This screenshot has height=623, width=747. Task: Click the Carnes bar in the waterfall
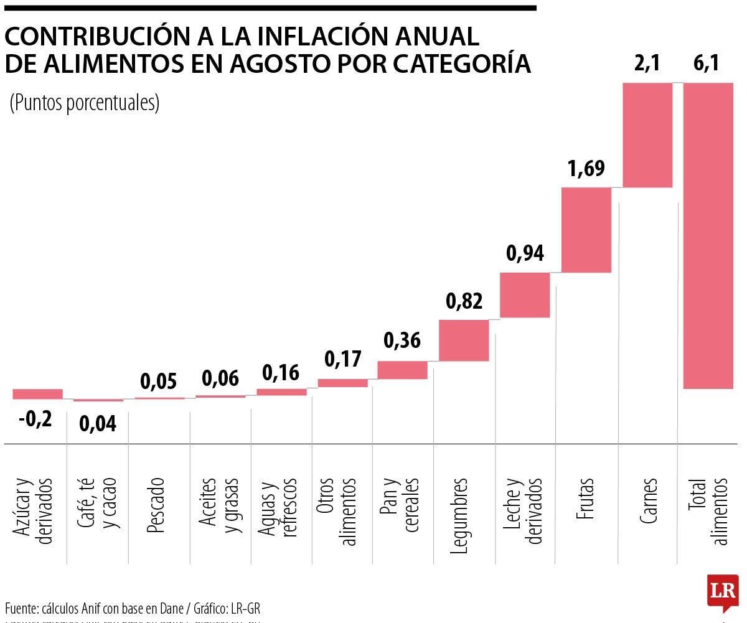647,135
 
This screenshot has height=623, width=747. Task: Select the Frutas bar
586,230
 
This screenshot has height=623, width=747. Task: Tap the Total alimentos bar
708,236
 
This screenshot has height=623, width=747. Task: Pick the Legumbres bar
464,340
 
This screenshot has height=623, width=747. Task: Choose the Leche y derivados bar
525,295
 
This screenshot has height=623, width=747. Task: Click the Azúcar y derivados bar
37,394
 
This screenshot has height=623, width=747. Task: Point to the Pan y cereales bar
403,370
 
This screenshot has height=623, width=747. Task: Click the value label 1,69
586,169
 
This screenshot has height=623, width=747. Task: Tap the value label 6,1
706,63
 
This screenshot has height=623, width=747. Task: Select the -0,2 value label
35,419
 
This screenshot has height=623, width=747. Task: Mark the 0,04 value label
98,424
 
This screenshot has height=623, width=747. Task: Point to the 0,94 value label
525,253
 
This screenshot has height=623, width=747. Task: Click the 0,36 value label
402,340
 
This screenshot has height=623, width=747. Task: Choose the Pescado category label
155,505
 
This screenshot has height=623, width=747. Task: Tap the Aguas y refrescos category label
277,507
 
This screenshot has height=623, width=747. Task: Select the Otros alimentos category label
336,512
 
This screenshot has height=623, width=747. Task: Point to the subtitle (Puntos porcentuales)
85,103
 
